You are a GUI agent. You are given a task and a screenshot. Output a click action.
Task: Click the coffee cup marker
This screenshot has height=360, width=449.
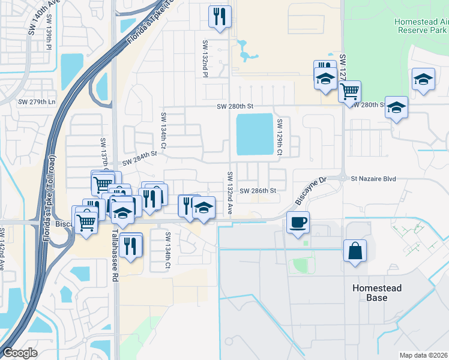(298, 223)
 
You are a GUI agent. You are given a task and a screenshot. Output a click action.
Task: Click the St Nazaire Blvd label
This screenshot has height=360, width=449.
(373, 178)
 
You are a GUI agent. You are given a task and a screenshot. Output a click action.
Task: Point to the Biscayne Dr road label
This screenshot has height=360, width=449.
(310, 193)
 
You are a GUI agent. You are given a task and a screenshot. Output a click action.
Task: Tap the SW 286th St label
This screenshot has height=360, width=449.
(258, 191)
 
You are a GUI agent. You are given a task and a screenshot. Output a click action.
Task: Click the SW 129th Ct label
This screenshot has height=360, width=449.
(280, 137)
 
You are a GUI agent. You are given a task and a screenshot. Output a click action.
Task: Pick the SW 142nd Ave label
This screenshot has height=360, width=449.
(2, 248)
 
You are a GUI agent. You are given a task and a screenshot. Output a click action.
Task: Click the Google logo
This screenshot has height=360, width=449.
(20, 353)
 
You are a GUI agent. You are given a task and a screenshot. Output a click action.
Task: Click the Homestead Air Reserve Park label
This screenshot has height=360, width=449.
(421, 25)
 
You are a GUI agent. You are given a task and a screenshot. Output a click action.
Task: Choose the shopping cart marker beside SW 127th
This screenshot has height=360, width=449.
(349, 92)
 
